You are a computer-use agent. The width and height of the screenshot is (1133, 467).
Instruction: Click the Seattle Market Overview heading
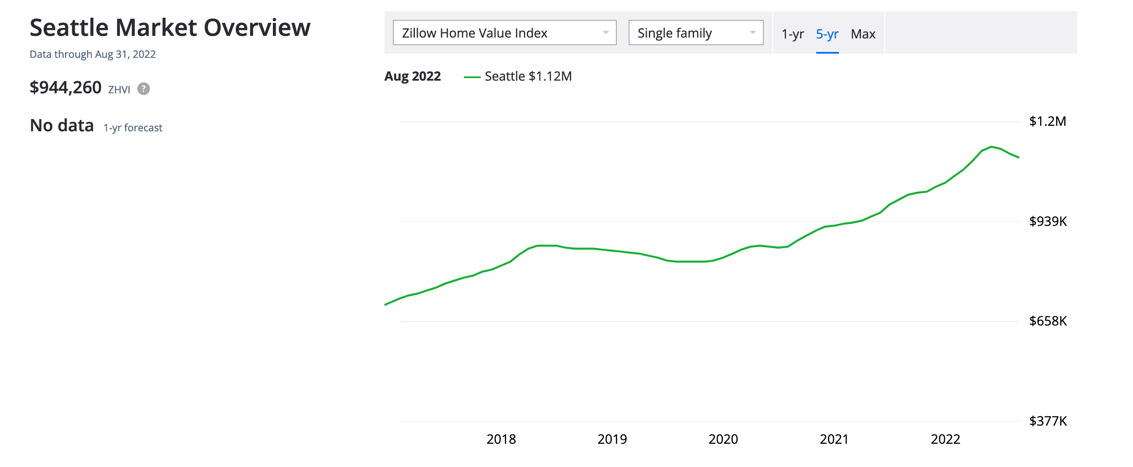pyautogui.click(x=170, y=27)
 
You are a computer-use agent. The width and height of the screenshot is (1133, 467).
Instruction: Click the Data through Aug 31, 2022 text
pyautogui.click(x=93, y=54)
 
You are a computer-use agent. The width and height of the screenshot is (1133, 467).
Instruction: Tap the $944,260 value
pyautogui.click(x=65, y=87)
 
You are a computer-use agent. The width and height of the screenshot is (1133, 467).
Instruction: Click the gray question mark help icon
pyautogui.click(x=143, y=89)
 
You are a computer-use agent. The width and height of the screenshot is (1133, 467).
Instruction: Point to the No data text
pyautogui.click(x=62, y=126)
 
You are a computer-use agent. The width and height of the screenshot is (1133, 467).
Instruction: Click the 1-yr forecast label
pyautogui.click(x=132, y=128)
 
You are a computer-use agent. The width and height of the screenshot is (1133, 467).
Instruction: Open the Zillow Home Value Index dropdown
pyautogui.click(x=504, y=33)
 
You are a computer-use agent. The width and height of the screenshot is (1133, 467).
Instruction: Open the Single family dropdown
pyautogui.click(x=695, y=33)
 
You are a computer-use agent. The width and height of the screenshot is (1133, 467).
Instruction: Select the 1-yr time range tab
pyautogui.click(x=792, y=34)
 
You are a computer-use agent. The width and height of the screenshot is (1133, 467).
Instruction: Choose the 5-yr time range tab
pyautogui.click(x=827, y=34)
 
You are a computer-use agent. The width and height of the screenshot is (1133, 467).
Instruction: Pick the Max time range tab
pyautogui.click(x=863, y=34)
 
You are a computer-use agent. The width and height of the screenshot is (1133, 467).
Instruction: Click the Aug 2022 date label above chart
pyautogui.click(x=412, y=76)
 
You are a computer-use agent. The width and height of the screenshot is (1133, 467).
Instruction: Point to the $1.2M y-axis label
pyautogui.click(x=1047, y=121)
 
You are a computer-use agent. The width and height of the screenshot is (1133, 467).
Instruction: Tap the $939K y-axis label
pyautogui.click(x=1048, y=221)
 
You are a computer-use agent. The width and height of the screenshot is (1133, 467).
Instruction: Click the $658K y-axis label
pyautogui.click(x=1048, y=321)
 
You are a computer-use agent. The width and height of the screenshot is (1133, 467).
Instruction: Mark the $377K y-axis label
pyautogui.click(x=1048, y=421)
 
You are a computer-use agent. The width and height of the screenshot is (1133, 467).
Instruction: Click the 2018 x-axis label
pyautogui.click(x=501, y=439)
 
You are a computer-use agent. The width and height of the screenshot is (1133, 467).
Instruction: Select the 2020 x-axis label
pyautogui.click(x=723, y=439)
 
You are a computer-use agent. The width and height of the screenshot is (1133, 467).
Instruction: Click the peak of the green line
pyautogui.click(x=991, y=147)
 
